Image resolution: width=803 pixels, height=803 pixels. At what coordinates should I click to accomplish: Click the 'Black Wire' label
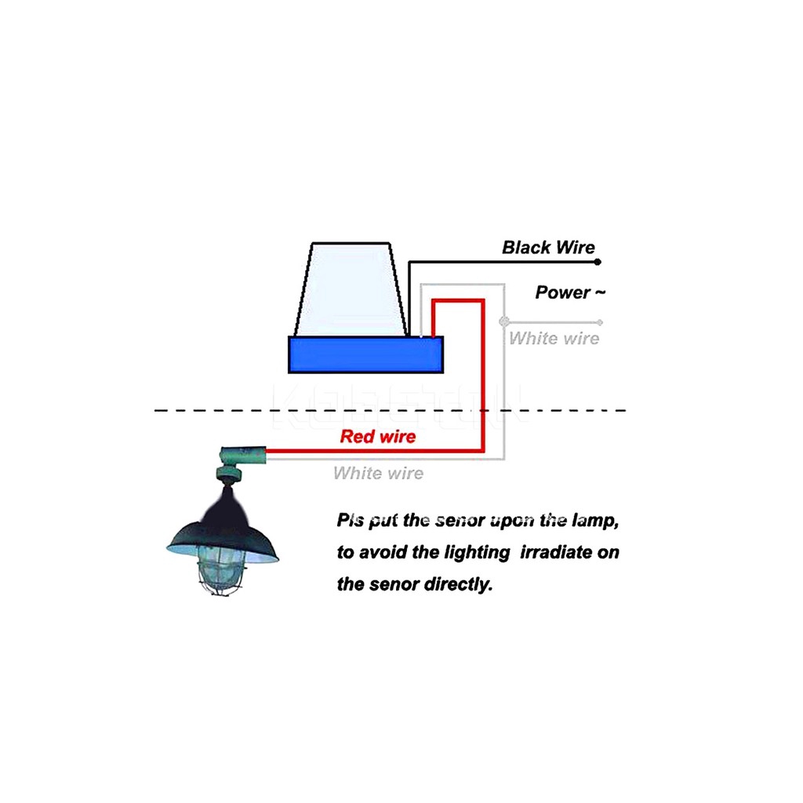[548, 248]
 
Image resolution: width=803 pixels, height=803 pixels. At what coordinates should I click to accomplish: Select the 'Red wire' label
[377, 437]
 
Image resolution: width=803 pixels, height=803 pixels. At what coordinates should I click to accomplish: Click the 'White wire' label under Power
[554, 339]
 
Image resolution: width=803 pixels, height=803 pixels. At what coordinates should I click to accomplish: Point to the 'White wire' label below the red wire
[378, 474]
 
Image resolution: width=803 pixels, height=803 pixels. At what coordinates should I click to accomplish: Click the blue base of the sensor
[365, 354]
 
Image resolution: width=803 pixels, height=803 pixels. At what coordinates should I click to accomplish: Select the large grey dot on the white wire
[504, 321]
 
